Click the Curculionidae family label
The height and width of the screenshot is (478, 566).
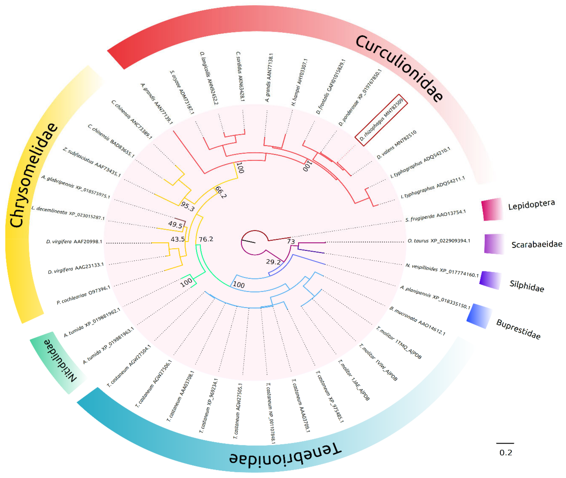coord(400,68)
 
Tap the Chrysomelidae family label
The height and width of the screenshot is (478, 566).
coord(34,175)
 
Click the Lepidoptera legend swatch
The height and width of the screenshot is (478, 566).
coord(492,209)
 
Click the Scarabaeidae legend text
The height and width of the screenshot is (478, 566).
coord(536,244)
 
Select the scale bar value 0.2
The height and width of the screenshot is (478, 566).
coord(505,453)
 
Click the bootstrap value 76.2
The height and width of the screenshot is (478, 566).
coord(206,239)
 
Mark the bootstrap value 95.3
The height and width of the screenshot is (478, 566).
coord(188,206)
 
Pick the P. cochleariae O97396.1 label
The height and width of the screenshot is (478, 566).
coord(83,294)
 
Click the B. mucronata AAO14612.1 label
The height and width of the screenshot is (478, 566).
coord(417,321)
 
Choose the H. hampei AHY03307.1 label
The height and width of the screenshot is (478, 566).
coord(299,82)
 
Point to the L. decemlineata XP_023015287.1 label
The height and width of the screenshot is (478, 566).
coord(68,213)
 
